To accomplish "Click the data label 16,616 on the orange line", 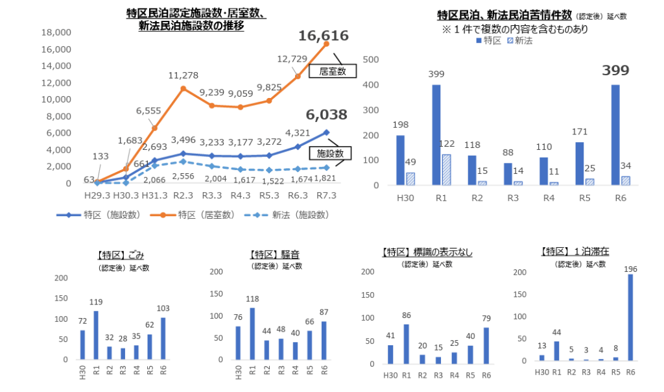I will (x=324, y=36).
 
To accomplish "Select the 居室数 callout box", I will (x=333, y=72).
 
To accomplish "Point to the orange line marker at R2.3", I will (x=184, y=88).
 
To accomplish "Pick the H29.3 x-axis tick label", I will (x=97, y=195).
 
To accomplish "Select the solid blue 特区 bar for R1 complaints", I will (x=436, y=135).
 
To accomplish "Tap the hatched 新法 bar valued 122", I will (x=447, y=169).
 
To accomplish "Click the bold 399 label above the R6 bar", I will (x=615, y=71).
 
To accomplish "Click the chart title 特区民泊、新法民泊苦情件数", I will (x=504, y=14).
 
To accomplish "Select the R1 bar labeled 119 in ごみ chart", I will (x=97, y=335).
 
